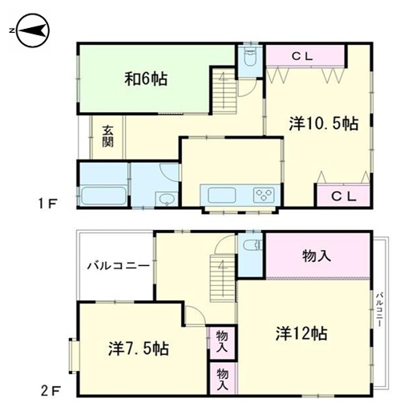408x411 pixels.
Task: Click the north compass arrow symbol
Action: pyautogui.click(x=32, y=30)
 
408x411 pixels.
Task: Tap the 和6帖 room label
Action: pyautogui.click(x=146, y=79)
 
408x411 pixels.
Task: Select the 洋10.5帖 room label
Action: pyautogui.click(x=324, y=123)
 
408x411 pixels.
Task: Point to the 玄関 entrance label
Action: pyautogui.click(x=107, y=136)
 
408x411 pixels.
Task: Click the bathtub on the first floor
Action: pyautogui.click(x=103, y=195)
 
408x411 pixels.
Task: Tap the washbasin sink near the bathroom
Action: pyautogui.click(x=167, y=199)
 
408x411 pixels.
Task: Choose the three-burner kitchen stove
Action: pyautogui.click(x=264, y=194)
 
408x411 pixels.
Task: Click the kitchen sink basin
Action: pyautogui.click(x=222, y=195)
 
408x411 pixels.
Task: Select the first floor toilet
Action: pyautogui.click(x=250, y=58)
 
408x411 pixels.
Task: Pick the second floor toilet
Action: pyautogui.click(x=252, y=245)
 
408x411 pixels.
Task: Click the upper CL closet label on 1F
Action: pyautogui.click(x=302, y=56)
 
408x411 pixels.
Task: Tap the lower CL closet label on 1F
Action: pyautogui.click(x=344, y=196)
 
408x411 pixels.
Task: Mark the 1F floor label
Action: pyautogui.click(x=47, y=204)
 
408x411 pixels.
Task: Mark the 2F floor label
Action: pyautogui.click(x=50, y=392)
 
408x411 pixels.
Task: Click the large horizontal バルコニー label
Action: pyautogui.click(x=119, y=266)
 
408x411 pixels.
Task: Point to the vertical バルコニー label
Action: pyautogui.click(x=380, y=310)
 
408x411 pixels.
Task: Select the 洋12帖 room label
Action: pyautogui.click(x=301, y=333)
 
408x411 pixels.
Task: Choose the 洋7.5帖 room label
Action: pyautogui.click(x=139, y=349)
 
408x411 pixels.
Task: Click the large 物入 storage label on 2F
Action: pyautogui.click(x=317, y=256)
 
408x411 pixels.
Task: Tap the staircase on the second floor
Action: pyautogui.click(x=222, y=278)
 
